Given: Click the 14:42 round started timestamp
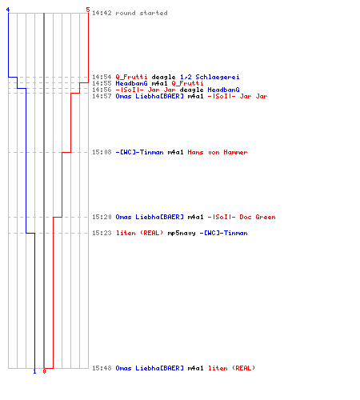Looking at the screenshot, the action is click(102, 13).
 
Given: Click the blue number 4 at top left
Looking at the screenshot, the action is click(8, 10).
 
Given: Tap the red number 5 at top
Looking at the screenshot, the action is click(88, 10).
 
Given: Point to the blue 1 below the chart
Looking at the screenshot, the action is click(34, 371).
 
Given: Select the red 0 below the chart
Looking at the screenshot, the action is click(44, 371).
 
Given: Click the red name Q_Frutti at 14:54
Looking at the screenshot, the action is click(131, 77).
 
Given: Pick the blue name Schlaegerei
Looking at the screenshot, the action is click(218, 77).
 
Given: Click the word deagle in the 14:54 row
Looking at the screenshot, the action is click(163, 77).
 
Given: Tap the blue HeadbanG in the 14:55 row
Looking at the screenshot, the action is click(131, 83).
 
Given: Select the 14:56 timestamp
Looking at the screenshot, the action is click(102, 90).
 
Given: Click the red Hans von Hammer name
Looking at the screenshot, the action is click(218, 152).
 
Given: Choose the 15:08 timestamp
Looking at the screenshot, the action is click(102, 152).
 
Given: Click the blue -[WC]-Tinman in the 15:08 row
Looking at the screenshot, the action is click(139, 152).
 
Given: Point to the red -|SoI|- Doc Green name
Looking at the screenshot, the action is click(242, 217).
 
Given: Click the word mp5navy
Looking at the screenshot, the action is click(182, 233).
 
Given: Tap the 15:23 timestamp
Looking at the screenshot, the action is click(102, 233).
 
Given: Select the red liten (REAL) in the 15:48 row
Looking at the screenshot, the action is click(231, 368).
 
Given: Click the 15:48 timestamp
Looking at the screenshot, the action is click(102, 368).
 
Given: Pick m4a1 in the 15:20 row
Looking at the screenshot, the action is click(195, 217).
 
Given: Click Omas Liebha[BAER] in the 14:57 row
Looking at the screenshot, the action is click(150, 96).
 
